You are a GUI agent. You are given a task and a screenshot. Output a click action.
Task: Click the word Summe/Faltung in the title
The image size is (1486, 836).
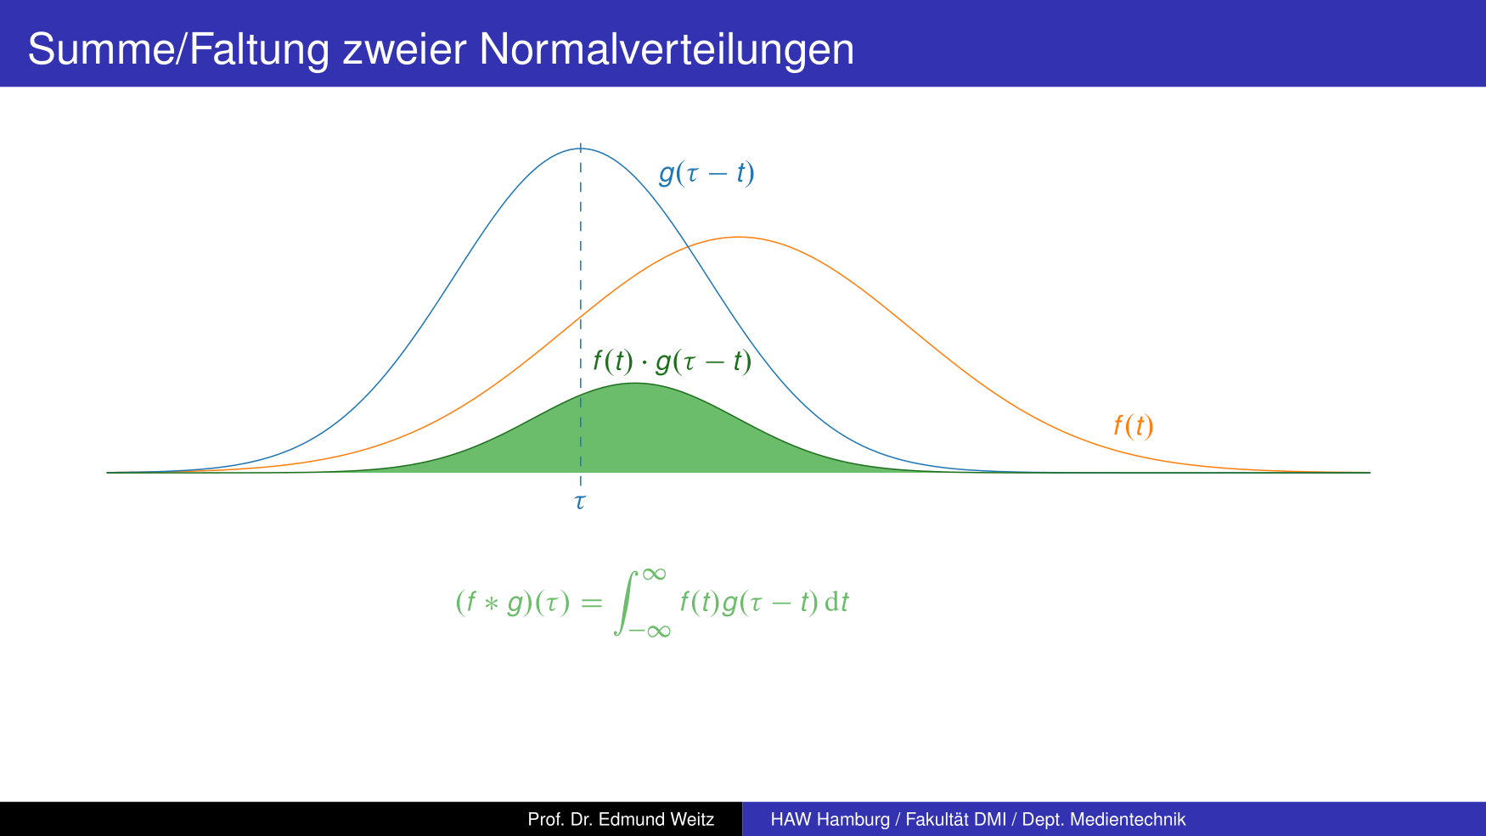(x=178, y=49)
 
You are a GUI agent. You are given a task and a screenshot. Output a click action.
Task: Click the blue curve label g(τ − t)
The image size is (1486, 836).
(x=706, y=173)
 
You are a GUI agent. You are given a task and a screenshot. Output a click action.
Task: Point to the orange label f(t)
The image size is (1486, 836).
(x=1134, y=425)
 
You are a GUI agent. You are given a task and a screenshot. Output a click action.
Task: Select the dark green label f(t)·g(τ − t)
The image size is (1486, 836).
(x=672, y=362)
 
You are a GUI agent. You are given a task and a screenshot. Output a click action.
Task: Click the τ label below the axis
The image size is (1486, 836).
(x=580, y=502)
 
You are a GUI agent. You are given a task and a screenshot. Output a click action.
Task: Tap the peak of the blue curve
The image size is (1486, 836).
(x=581, y=149)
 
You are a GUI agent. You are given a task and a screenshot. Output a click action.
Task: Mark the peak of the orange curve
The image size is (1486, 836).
(x=739, y=237)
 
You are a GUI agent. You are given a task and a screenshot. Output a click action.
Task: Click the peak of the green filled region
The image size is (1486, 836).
(x=635, y=383)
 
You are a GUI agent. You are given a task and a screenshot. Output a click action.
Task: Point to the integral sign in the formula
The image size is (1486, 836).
(x=625, y=603)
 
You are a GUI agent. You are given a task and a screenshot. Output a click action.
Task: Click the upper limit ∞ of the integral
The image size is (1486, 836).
(x=654, y=575)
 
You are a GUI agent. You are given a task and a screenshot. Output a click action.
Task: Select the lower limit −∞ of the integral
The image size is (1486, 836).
(x=650, y=631)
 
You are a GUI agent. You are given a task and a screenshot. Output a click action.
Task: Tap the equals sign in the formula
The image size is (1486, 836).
(x=591, y=603)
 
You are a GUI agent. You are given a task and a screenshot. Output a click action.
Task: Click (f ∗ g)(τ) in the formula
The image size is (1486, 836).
(x=513, y=603)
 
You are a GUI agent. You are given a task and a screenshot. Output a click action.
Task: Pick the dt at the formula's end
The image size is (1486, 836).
(x=836, y=602)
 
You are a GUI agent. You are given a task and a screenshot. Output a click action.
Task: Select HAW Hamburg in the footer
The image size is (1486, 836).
(x=830, y=820)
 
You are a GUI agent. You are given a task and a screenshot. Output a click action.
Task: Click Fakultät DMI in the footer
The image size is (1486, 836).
(x=956, y=819)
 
